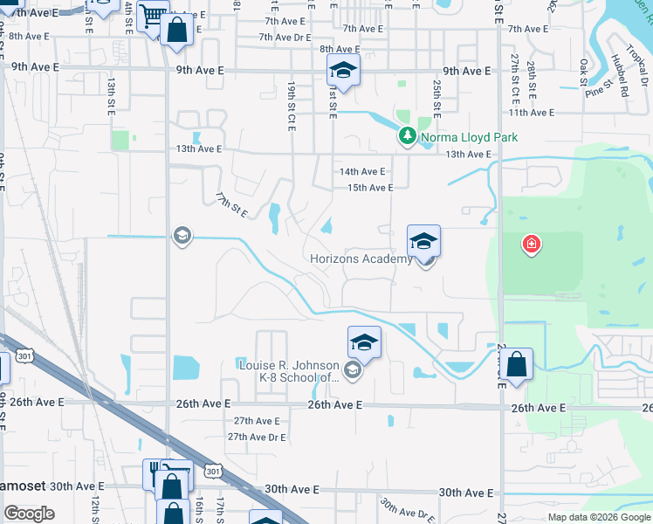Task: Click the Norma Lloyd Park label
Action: (470, 137)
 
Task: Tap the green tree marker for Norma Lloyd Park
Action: (408, 136)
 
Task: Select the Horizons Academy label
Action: (361, 259)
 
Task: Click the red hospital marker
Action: (530, 245)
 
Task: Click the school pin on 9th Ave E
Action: (343, 72)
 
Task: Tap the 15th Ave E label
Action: (370, 188)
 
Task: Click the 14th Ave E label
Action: (362, 172)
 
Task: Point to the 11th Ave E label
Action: (531, 113)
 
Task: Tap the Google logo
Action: (29, 514)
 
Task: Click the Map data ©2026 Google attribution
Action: (598, 517)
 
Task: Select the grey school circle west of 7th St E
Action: (182, 236)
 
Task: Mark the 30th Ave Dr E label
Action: (407, 509)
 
